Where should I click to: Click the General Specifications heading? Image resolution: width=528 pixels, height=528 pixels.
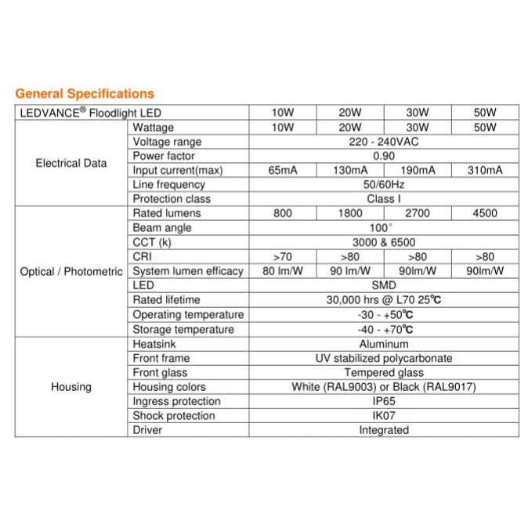pos(85,94)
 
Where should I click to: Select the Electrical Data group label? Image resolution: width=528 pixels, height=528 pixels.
pos(71,163)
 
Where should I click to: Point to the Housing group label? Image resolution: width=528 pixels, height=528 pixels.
pos(71,386)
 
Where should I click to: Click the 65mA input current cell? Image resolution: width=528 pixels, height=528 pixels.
pos(283,170)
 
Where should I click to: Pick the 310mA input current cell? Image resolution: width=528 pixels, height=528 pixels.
pos(485,170)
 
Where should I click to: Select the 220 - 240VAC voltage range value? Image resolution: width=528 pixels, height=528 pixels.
pos(384,142)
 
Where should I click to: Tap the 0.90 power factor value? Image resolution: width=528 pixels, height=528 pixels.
pos(384,156)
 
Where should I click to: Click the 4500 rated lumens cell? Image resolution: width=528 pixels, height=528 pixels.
pos(485,213)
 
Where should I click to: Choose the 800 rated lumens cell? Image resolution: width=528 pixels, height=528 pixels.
pos(283,213)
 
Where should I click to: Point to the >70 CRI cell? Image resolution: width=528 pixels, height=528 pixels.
pos(283,256)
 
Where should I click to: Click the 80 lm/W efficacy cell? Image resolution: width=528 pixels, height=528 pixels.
pos(283,271)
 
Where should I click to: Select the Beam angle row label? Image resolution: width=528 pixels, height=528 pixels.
pos(161,227)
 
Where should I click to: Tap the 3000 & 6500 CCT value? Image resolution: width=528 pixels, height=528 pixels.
pos(384,242)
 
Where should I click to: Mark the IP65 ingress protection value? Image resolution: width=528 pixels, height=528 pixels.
pos(384,401)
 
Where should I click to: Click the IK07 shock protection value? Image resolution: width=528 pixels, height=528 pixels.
pos(384,415)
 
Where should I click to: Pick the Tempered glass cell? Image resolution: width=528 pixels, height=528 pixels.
pos(384,372)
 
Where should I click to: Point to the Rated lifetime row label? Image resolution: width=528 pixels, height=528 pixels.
pos(166,299)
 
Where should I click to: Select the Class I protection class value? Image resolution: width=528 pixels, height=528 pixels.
pos(384,199)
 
